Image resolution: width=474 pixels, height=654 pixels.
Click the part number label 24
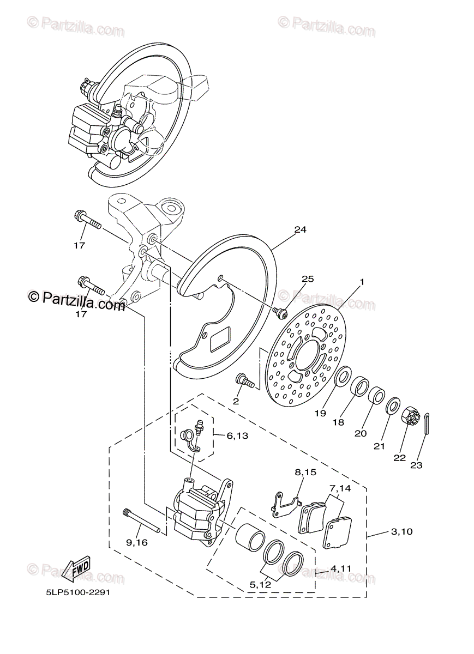300,230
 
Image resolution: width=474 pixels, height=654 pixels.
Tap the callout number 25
308,279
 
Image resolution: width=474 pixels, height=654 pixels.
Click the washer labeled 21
392,407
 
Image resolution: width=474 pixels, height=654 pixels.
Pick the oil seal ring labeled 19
343,376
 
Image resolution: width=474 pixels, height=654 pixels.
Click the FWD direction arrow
77,568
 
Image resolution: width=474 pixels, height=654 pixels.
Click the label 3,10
401,531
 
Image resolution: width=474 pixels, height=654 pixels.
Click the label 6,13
237,435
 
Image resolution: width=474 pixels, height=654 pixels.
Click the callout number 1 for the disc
361,282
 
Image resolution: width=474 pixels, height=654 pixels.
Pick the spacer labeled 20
376,396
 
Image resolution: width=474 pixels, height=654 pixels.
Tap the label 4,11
341,568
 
